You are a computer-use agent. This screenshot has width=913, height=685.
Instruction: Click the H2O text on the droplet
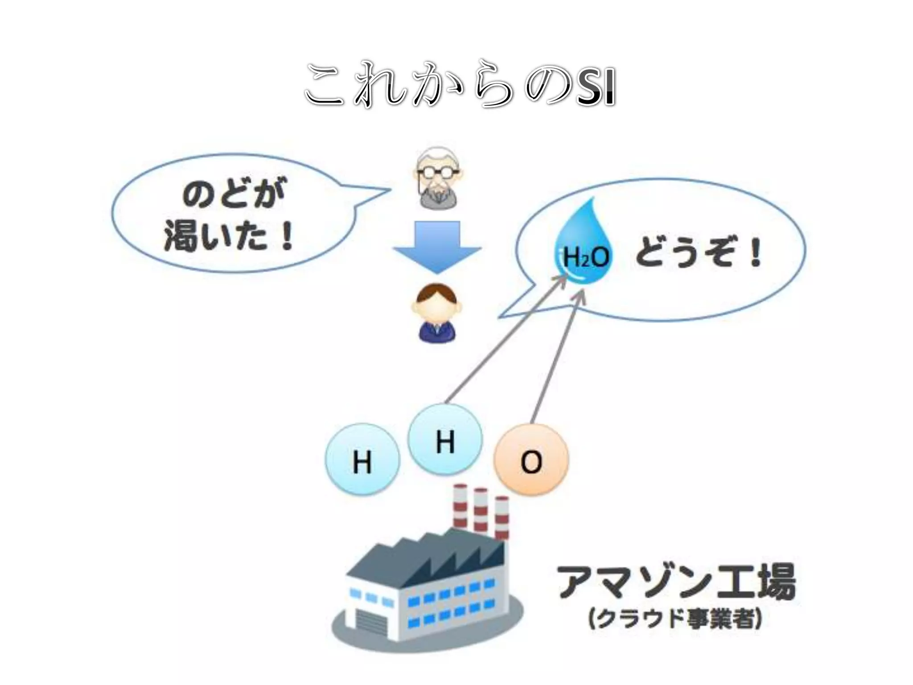coord(585,257)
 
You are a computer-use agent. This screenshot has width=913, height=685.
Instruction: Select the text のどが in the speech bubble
coord(234,194)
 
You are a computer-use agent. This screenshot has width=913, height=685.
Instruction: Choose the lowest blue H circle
coord(362,461)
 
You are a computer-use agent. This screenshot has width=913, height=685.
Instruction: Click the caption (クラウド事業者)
coord(675,619)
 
